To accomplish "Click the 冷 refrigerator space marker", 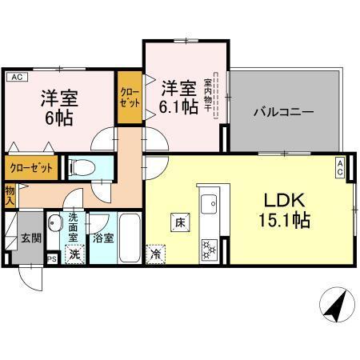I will [x=154, y=254].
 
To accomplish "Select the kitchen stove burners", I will [x=210, y=249].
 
